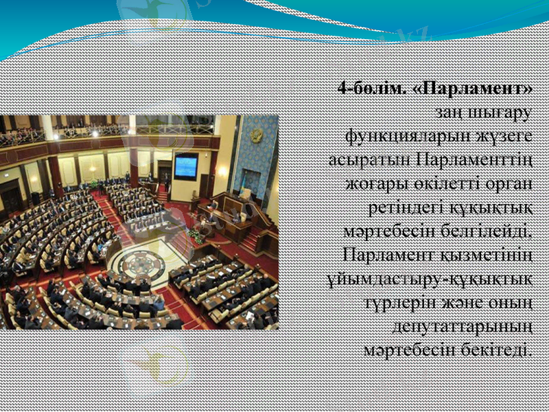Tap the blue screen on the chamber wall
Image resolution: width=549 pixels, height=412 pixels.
pos(186,165)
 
